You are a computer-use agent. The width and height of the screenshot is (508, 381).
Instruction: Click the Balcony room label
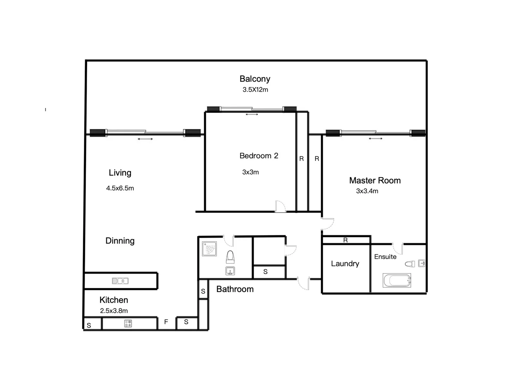coord(255,79)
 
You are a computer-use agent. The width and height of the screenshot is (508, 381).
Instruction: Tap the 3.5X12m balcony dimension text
coord(255,90)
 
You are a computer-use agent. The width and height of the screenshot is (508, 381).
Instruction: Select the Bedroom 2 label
coord(259,156)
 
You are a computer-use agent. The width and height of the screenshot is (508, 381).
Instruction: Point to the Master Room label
coord(375,180)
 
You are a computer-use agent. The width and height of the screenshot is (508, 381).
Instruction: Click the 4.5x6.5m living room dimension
coord(120,188)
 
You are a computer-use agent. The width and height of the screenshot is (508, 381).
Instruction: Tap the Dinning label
coord(120,241)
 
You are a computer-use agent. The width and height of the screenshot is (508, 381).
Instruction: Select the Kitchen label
coord(114,300)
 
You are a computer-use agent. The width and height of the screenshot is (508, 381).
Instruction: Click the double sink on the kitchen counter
coord(120,281)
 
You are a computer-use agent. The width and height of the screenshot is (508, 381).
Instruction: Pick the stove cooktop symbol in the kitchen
coord(128,323)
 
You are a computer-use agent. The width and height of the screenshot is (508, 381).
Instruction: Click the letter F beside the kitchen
coord(166,322)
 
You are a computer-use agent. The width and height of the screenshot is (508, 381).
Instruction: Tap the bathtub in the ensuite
coord(397,281)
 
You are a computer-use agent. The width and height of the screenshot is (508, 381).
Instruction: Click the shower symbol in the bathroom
coord(209,249)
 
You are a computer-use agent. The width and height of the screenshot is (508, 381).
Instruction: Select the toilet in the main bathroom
coord(230,257)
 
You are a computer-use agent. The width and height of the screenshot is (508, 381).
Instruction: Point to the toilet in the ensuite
coord(410,264)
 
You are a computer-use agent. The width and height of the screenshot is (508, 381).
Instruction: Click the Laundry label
coord(345,264)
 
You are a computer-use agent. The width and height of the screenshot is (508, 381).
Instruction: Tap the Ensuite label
coord(385,257)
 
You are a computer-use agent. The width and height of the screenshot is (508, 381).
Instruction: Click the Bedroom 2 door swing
coord(280,206)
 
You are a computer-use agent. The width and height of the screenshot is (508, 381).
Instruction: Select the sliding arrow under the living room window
coord(145,139)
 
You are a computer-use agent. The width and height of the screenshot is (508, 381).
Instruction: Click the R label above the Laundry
coord(345,240)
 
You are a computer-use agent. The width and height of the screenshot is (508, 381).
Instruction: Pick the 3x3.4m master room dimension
coord(367,191)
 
